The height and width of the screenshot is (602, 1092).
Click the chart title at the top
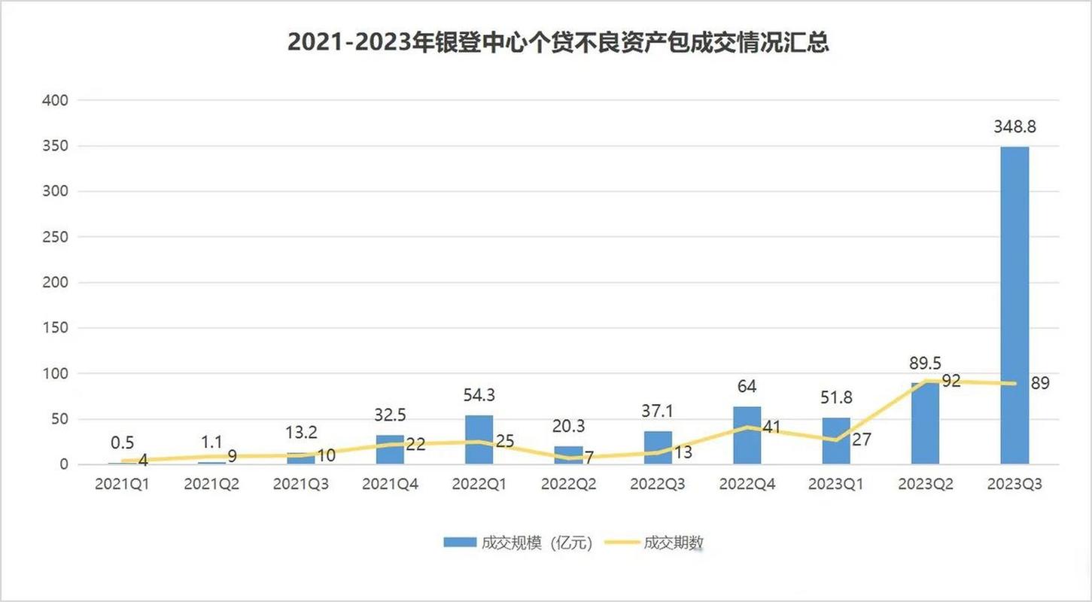coord(558,43)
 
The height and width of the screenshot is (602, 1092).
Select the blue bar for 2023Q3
coord(1014,305)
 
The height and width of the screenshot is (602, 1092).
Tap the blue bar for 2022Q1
coord(479,439)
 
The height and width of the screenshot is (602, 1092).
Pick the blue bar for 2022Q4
coord(747,435)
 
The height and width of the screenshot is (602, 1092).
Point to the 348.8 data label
coord(1014,127)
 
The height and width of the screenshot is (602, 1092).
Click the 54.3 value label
coord(479,396)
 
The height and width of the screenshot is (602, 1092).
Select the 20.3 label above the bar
coord(568,427)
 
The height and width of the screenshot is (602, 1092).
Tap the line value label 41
coord(772,427)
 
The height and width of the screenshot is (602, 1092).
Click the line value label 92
coord(951,382)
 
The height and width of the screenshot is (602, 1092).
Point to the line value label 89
coord(1040,383)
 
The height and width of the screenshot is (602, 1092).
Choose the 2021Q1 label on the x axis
coord(122,485)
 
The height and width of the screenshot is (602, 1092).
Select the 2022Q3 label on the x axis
coord(657,485)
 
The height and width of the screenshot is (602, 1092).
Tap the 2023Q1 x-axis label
coord(836,485)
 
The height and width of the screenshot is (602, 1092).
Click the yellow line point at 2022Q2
coord(568,458)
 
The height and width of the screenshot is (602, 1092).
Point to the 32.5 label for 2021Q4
coord(390,415)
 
